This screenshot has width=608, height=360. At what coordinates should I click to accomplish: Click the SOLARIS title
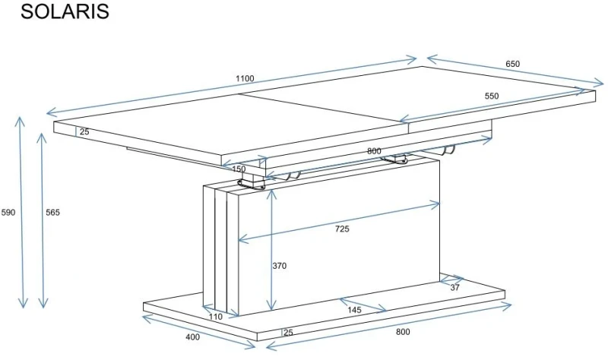click(65, 11)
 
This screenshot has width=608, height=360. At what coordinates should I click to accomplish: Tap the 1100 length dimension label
click(245, 78)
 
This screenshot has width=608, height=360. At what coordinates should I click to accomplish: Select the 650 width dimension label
click(512, 64)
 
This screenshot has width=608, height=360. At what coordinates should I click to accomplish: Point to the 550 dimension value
click(491, 96)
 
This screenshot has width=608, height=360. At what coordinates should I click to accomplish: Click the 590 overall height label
click(8, 213)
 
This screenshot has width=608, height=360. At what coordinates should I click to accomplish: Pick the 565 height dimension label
click(52, 213)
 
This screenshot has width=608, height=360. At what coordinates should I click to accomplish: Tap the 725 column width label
click(342, 229)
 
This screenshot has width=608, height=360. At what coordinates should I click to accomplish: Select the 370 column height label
click(279, 266)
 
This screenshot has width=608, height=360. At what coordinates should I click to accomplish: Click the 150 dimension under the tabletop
click(239, 169)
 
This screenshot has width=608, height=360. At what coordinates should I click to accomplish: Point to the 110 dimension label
click(216, 317)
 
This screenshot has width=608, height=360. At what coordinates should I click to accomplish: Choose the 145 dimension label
click(354, 310)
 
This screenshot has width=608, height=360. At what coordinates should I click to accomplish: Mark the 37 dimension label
click(454, 288)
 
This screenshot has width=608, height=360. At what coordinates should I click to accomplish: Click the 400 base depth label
click(193, 337)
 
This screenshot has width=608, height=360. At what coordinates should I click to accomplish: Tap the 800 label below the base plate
click(403, 332)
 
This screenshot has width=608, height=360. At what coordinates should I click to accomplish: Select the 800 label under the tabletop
click(374, 151)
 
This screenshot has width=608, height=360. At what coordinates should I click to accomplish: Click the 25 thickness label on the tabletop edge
click(84, 131)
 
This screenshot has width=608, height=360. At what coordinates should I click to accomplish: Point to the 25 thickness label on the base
click(289, 333)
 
